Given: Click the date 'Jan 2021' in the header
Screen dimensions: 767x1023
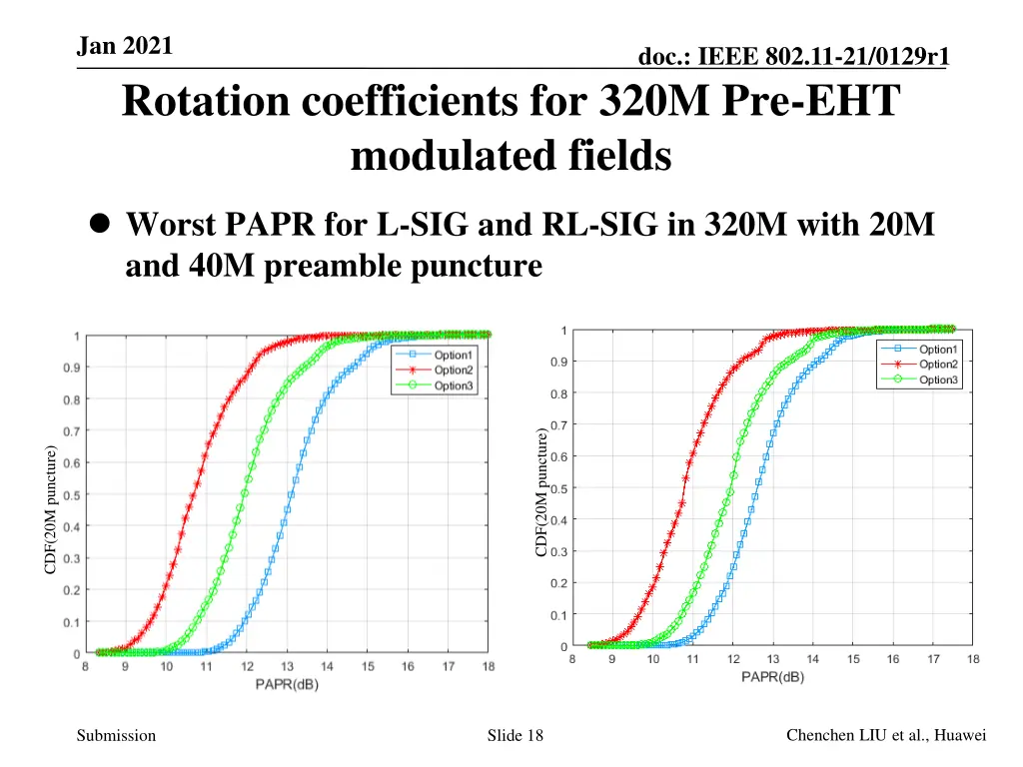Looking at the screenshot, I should tap(124, 46).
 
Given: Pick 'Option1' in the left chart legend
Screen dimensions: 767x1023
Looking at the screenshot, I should tap(454, 355).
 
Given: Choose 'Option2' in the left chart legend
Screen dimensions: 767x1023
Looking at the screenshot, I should tap(454, 370).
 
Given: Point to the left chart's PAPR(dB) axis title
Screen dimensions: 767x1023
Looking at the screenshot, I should tap(286, 684).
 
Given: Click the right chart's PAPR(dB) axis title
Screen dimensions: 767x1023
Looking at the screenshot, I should tap(772, 676).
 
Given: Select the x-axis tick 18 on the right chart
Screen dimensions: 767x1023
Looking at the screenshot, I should tap(973, 659).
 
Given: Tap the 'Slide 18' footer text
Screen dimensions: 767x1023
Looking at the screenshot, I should tap(515, 736).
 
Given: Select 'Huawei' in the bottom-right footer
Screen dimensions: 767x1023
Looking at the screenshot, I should tap(960, 735).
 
